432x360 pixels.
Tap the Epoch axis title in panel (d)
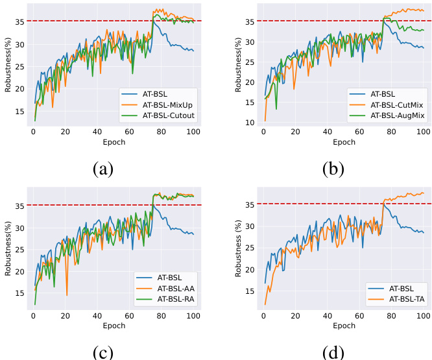(x=342, y=325)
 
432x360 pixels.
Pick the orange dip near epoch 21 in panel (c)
(x=67, y=295)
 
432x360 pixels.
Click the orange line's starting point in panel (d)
(x=265, y=304)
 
